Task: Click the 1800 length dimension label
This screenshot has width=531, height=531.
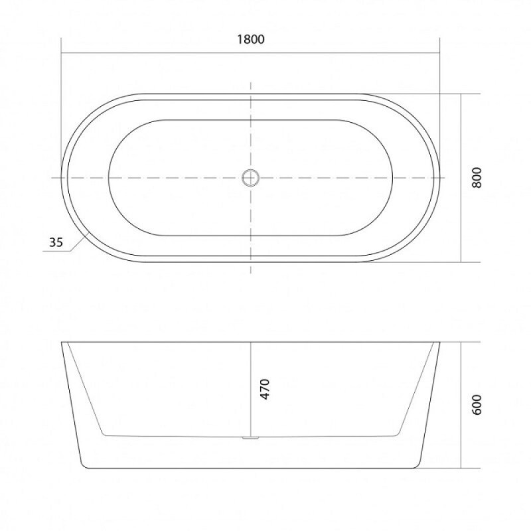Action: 251,40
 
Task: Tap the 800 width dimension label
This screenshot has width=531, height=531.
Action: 476,177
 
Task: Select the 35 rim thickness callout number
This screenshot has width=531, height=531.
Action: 56,242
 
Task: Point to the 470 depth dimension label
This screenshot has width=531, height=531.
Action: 265,389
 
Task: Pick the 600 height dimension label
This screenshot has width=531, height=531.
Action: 476,405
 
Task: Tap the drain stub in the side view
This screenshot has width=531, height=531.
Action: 251,438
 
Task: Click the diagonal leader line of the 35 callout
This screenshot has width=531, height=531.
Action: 80,242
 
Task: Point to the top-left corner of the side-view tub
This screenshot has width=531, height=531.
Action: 61,342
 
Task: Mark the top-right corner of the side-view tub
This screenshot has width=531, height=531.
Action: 439,342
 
